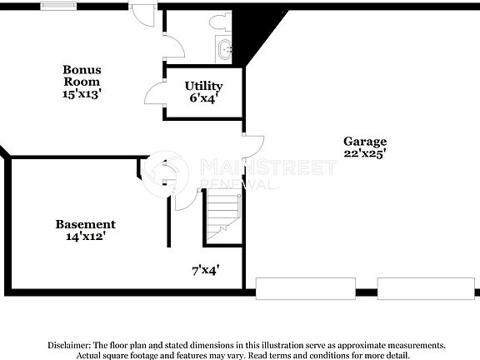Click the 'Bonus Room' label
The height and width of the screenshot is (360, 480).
coord(82,75)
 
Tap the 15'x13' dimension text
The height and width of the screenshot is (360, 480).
coord(82,94)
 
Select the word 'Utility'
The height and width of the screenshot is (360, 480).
coord(203,86)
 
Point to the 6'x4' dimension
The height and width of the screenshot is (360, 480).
coord(203,98)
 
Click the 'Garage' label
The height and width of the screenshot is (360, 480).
coord(365,141)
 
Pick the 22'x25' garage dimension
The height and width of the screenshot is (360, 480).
coord(365,154)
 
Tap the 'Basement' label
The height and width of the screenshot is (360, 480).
coord(85,224)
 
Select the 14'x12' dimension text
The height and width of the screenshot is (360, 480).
coord(85,237)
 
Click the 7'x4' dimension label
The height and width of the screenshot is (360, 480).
coord(205,270)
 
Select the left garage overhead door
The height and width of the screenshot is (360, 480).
coord(292,289)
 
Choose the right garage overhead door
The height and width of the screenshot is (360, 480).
coord(413,289)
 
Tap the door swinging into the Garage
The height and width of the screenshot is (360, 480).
coord(252,145)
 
